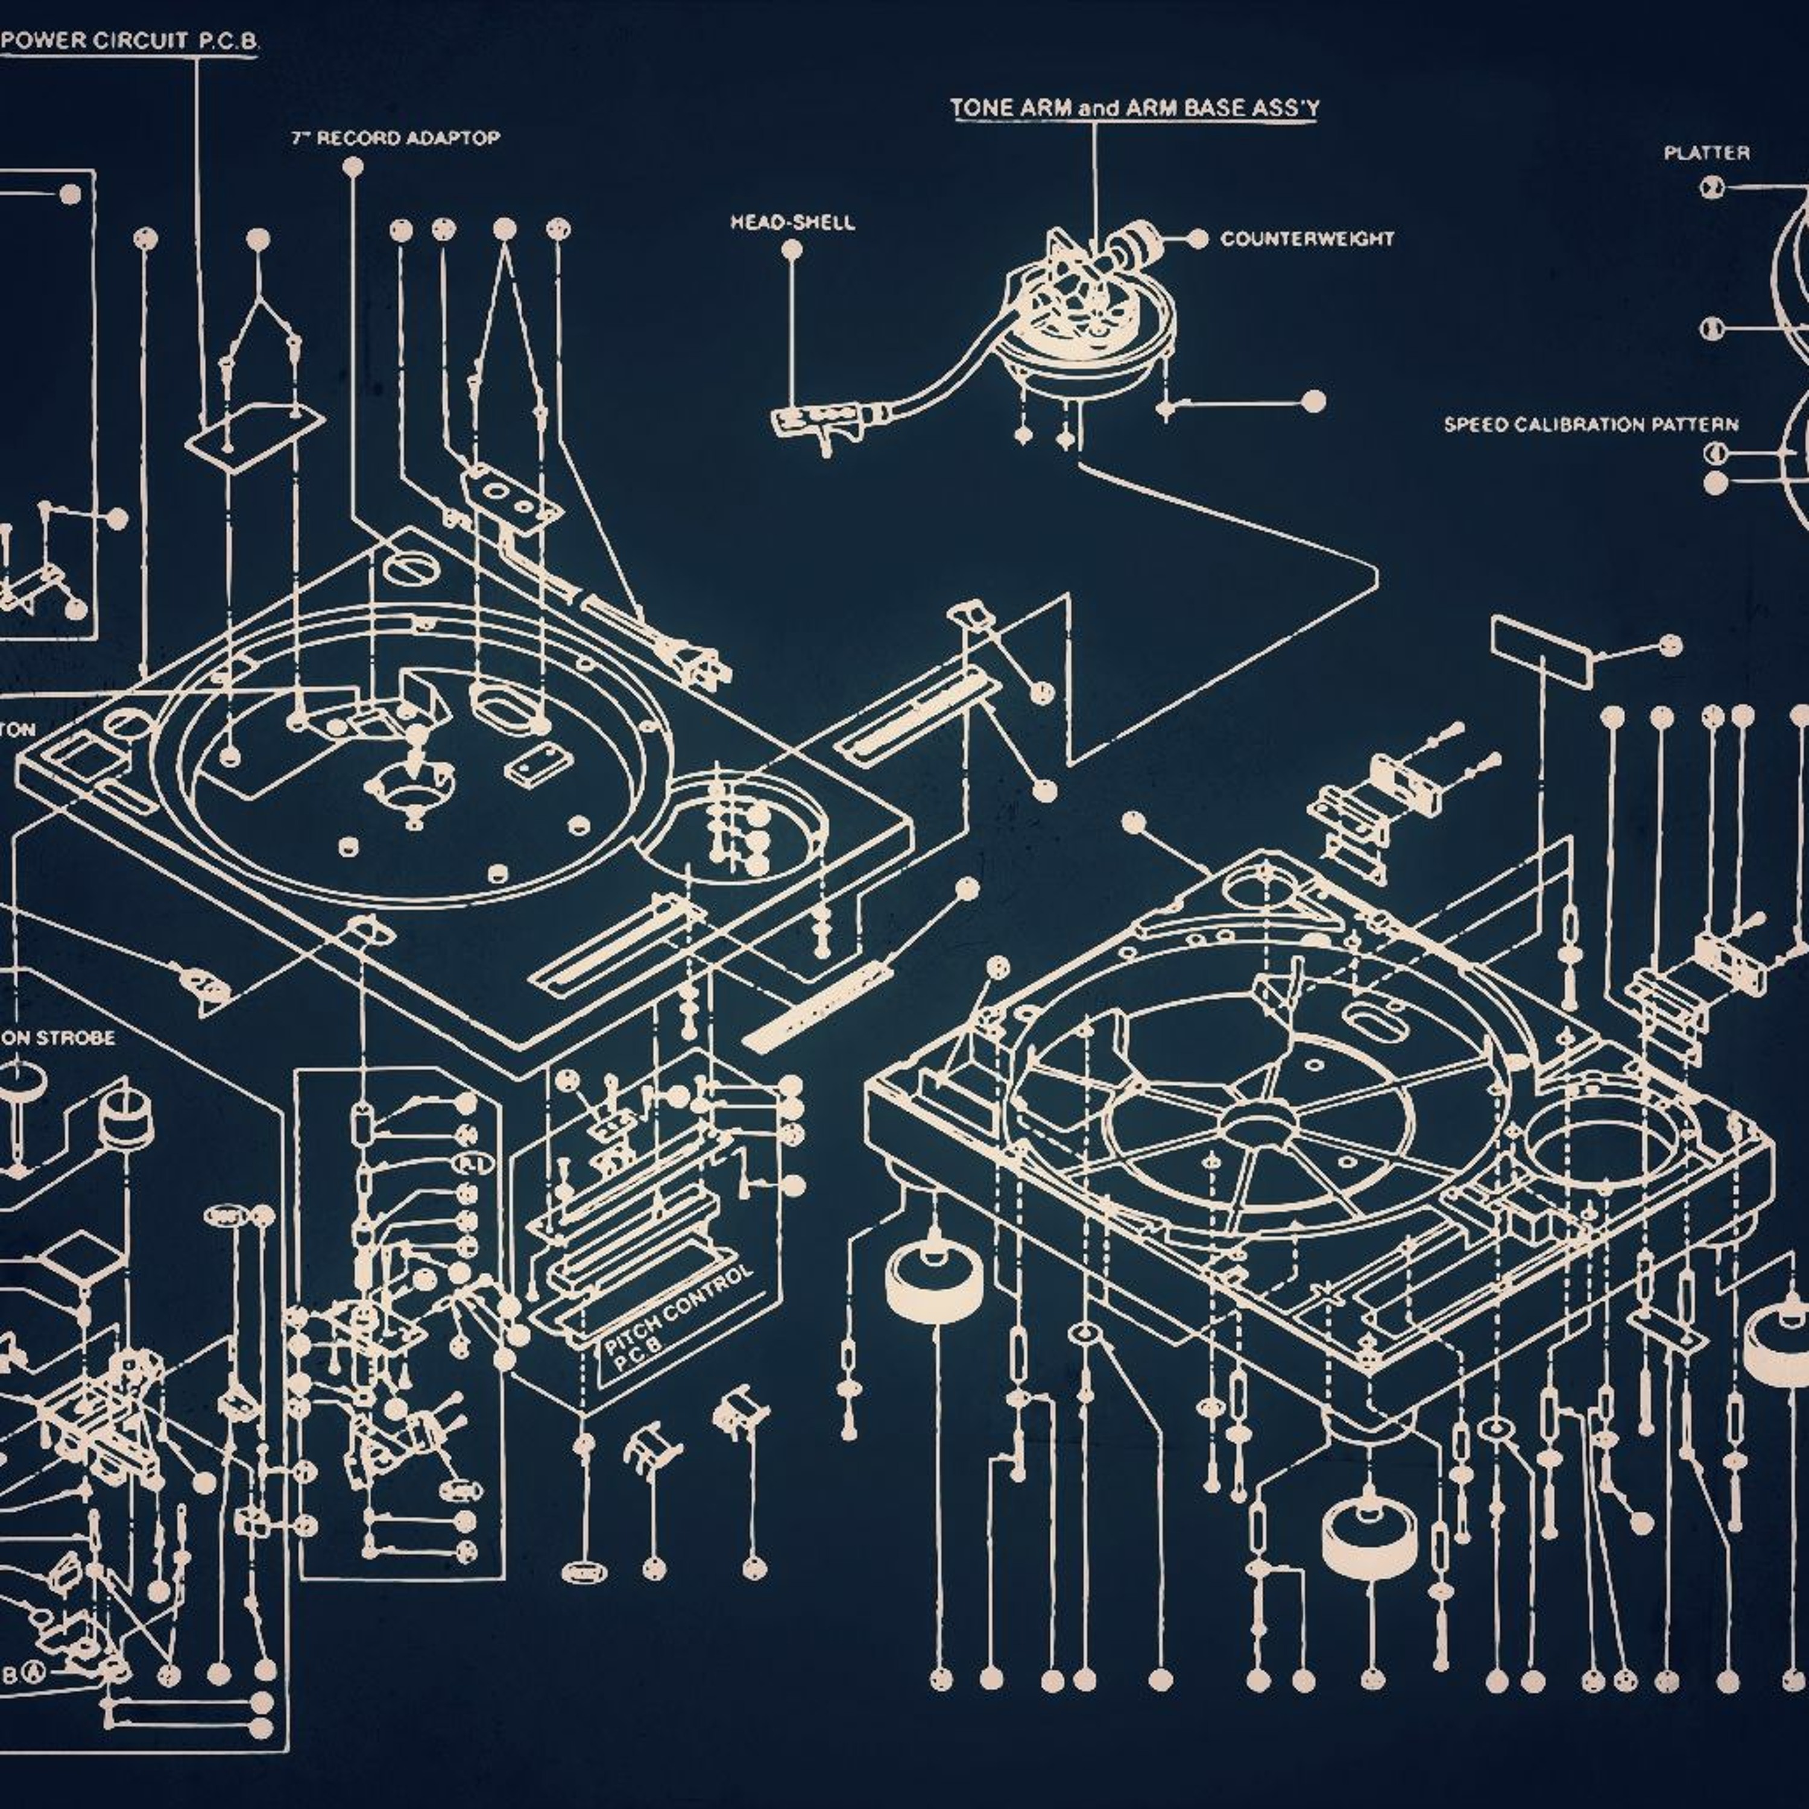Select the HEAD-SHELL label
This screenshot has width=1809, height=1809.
(792, 223)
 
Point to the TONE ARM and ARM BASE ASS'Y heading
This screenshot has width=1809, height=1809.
(1135, 109)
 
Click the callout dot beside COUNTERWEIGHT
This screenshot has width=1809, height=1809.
(1198, 239)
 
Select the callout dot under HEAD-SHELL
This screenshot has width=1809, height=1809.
(792, 250)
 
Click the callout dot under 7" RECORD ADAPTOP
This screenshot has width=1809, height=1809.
(353, 168)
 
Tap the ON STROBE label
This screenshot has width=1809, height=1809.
(58, 1037)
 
